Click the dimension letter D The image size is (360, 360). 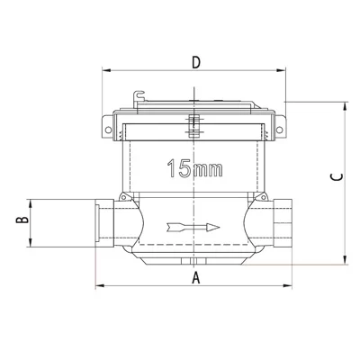(x=196, y=62)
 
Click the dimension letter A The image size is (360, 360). (x=195, y=277)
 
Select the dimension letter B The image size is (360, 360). (x=22, y=220)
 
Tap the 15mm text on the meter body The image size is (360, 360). (x=195, y=168)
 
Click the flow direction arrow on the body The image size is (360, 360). (x=193, y=228)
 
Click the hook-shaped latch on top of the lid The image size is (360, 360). (x=139, y=96)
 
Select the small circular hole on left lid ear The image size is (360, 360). (x=108, y=130)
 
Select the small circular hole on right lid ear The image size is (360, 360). (x=279, y=130)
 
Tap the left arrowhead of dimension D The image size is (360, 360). (x=107, y=70)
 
